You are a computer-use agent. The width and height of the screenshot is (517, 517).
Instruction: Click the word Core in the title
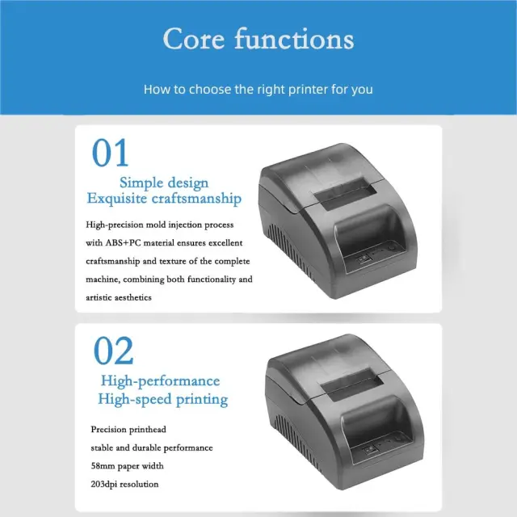click(194, 39)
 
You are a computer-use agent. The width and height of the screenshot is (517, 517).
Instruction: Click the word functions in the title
click(294, 39)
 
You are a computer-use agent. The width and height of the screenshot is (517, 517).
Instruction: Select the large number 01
click(110, 153)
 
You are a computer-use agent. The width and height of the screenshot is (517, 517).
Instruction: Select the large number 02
click(113, 351)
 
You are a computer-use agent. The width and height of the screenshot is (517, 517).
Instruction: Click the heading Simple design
click(164, 183)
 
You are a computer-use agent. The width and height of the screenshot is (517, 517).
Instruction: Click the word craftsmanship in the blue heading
click(196, 199)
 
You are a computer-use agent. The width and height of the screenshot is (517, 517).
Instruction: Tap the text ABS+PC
click(123, 243)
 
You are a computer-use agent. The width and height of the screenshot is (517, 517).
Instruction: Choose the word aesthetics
click(131, 298)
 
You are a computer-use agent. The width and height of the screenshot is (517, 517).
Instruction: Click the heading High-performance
click(160, 381)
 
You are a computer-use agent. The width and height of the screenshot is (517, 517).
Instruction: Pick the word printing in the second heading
click(202, 400)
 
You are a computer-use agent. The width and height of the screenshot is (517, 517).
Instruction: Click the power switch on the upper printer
click(364, 258)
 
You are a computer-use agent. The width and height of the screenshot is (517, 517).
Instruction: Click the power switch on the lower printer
click(370, 450)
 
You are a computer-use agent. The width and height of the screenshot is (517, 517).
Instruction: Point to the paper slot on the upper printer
click(345, 194)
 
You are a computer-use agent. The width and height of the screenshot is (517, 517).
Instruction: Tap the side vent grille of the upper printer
click(290, 250)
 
